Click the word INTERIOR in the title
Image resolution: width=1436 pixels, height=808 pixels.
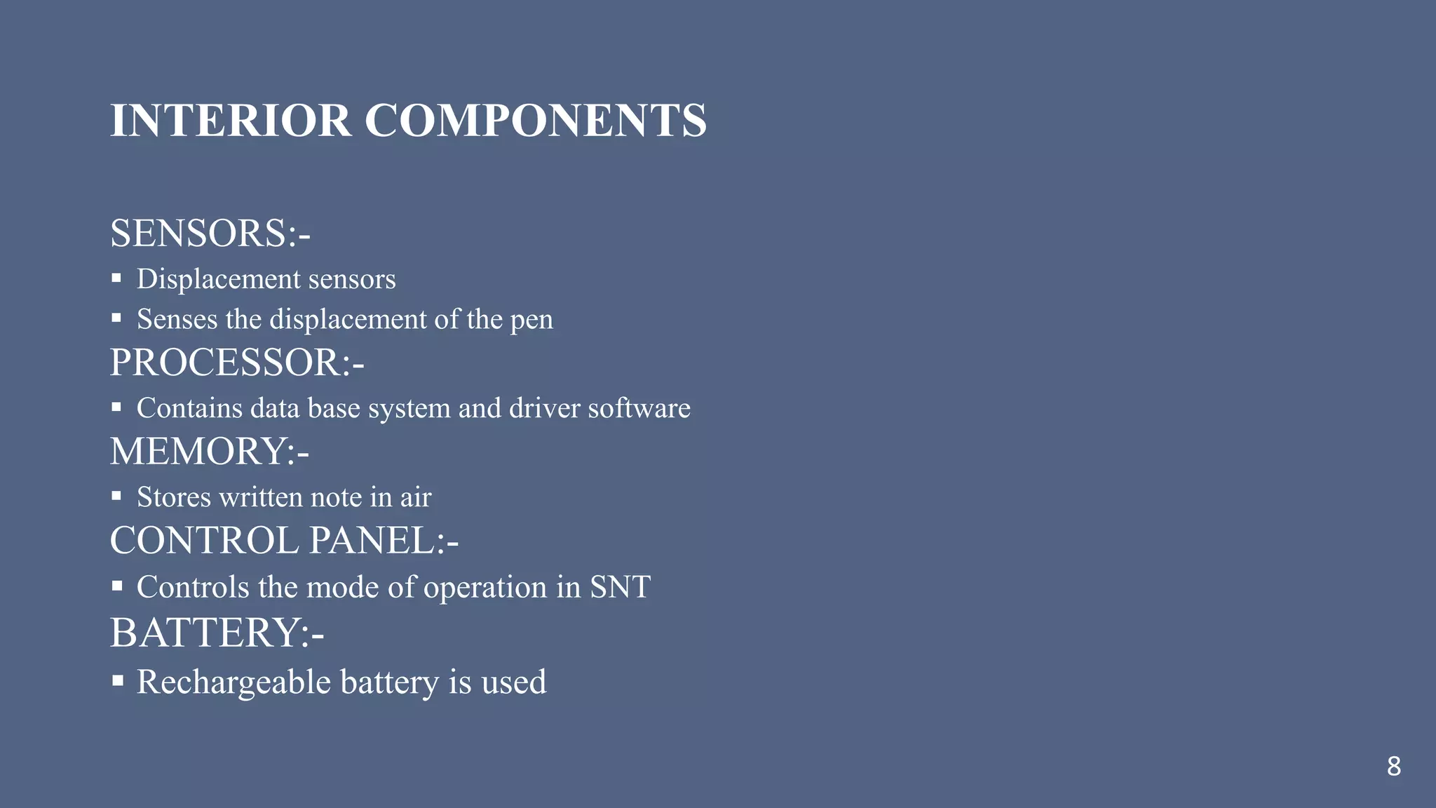click(x=231, y=121)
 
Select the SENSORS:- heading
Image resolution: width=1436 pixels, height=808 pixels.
click(x=210, y=234)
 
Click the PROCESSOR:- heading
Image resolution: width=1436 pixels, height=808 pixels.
click(x=237, y=363)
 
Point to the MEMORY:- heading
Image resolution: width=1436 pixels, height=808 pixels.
click(x=209, y=451)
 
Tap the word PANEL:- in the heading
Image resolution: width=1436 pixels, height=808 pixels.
click(x=384, y=541)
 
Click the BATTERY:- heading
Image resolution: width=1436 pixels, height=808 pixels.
click(x=217, y=633)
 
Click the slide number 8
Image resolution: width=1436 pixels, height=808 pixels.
click(x=1393, y=767)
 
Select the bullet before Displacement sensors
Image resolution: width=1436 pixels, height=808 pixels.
click(x=116, y=278)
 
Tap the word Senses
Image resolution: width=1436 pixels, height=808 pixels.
click(x=177, y=320)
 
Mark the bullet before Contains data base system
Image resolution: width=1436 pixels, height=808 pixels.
click(x=116, y=407)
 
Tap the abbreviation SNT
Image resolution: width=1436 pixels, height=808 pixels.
click(x=620, y=587)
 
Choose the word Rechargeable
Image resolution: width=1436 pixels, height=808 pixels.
click(x=233, y=682)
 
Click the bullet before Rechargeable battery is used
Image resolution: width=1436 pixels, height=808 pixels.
click(x=117, y=680)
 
